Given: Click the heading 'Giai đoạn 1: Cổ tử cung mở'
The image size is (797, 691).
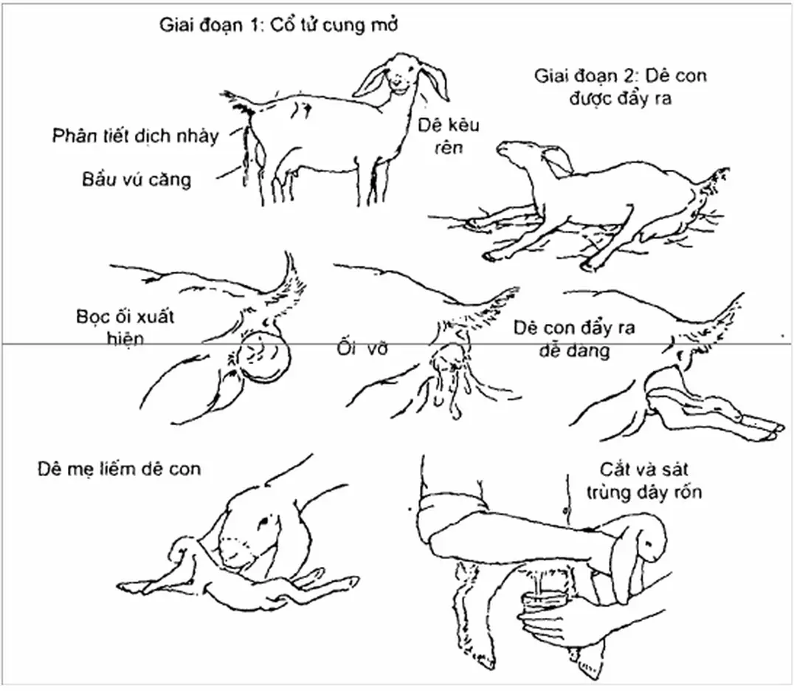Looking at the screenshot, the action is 278,25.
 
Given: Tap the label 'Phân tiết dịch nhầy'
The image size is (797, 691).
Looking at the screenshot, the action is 135,137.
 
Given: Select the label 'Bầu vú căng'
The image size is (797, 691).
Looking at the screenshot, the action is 137,179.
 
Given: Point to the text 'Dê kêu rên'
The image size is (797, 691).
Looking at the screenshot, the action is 448,137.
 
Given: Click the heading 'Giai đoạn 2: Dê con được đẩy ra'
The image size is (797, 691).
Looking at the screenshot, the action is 620,87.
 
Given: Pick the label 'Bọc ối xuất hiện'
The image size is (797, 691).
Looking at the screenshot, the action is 125,327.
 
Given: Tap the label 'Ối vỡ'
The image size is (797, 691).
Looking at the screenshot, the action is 362,348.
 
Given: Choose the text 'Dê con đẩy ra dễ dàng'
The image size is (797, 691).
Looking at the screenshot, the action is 574,339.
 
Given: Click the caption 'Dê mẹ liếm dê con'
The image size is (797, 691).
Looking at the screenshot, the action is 119,468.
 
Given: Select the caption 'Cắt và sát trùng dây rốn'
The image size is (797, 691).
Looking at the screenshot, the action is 644,481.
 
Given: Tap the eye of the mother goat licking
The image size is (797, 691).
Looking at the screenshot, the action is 266,522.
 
